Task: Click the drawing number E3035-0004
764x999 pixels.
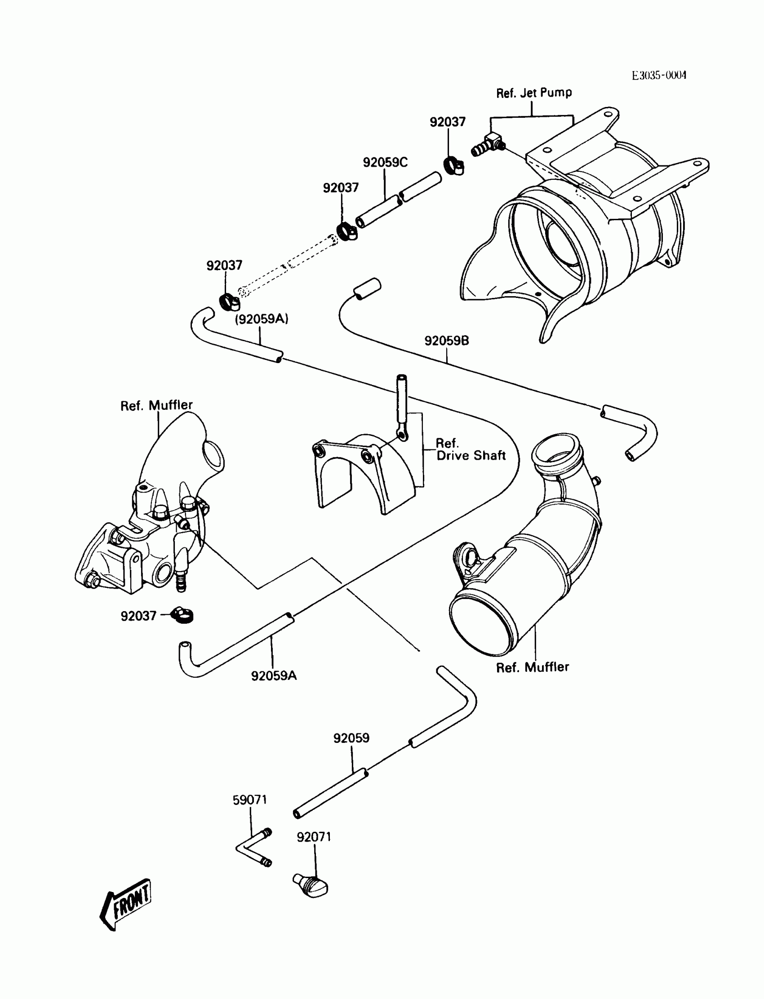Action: [658, 75]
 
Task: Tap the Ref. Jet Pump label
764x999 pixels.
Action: [534, 93]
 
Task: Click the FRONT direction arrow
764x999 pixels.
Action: [126, 904]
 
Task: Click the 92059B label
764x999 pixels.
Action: [447, 341]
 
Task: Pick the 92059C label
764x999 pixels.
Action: [385, 162]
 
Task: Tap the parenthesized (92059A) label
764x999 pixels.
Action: [262, 319]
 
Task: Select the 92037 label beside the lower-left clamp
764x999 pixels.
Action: [138, 616]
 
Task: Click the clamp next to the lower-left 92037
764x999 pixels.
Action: [183, 616]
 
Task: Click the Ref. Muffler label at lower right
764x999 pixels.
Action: [532, 667]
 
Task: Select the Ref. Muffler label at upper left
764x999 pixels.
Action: [156, 405]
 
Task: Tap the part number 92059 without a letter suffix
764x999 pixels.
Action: [351, 738]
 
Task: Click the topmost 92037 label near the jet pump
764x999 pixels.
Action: [448, 122]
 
